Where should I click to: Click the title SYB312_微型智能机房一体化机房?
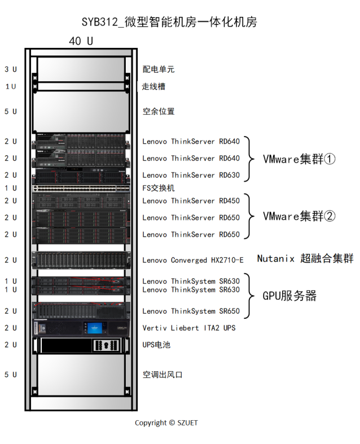click(x=169, y=23)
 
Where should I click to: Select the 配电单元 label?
click(x=159, y=69)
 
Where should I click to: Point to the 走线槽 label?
click(x=153, y=86)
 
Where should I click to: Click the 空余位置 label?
click(x=159, y=111)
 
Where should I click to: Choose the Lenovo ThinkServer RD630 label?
click(x=191, y=175)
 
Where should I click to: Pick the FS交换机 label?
click(x=159, y=188)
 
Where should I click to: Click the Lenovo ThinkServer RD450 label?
click(x=191, y=200)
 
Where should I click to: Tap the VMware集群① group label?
click(x=299, y=159)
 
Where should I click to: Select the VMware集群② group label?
click(x=299, y=217)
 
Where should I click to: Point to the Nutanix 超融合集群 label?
click(x=305, y=259)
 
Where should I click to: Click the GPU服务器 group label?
click(x=289, y=296)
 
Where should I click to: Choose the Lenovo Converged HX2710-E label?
click(x=192, y=260)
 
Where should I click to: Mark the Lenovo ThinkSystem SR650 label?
click(x=191, y=311)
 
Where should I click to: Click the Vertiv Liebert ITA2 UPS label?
click(x=188, y=328)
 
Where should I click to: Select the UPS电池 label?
click(x=156, y=344)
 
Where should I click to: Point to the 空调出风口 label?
click(x=163, y=375)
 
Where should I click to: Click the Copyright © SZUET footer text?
click(x=166, y=423)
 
